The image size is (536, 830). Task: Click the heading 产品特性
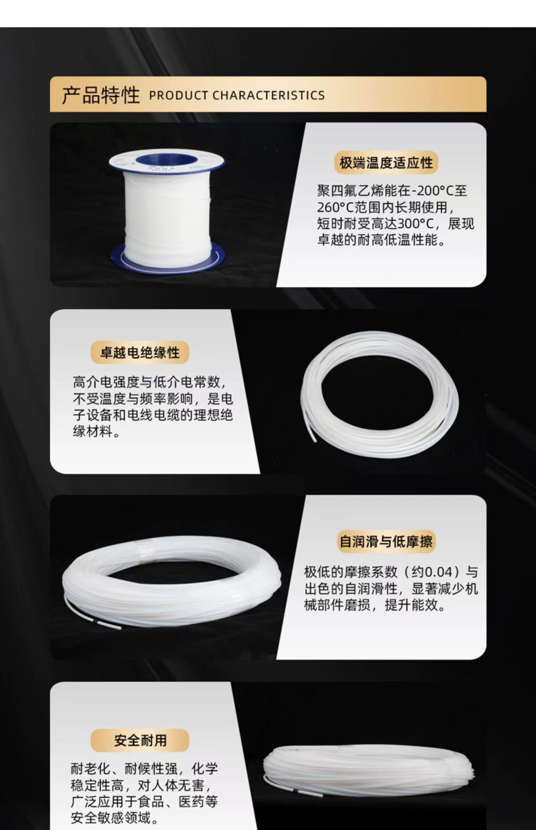point(101,95)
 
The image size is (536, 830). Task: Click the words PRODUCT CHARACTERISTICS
point(237,95)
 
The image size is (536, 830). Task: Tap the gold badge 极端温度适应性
point(386,162)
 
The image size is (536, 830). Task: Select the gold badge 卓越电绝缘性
point(140,353)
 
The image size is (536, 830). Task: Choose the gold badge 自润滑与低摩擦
point(386,541)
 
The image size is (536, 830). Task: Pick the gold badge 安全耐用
point(140,740)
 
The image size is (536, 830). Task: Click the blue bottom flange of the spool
point(167,258)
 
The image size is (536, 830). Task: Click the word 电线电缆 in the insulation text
point(153,415)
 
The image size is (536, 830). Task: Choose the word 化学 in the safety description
point(205,769)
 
